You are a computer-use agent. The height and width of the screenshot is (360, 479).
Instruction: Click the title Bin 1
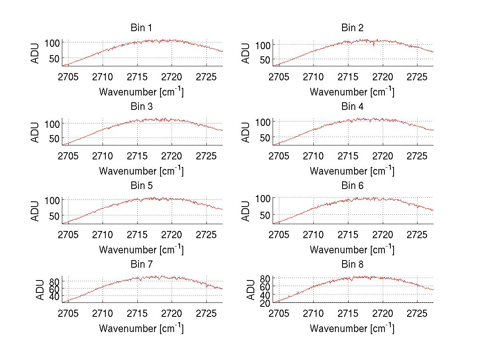(x=141, y=28)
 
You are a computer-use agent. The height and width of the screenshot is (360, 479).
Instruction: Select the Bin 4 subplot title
(x=352, y=107)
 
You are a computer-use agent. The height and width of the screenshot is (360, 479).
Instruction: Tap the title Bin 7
(x=141, y=265)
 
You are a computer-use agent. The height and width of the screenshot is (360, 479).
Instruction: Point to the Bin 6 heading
(x=352, y=186)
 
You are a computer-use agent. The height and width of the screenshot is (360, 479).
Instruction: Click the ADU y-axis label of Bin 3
(x=36, y=132)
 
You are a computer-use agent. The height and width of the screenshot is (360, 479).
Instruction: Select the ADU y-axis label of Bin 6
(x=246, y=211)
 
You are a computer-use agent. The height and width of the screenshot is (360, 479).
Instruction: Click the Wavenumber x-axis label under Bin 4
(x=352, y=171)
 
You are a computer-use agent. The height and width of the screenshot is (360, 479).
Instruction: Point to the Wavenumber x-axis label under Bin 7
(x=141, y=328)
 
